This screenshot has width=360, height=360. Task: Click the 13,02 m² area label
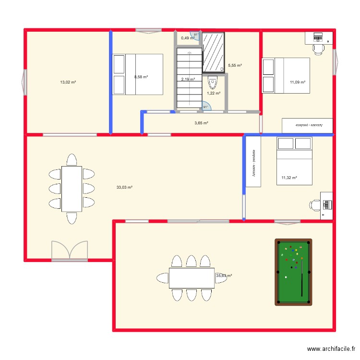point(68,82)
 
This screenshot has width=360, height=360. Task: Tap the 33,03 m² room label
point(124,187)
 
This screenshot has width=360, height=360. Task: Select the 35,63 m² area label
point(224,276)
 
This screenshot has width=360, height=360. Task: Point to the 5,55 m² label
point(235,65)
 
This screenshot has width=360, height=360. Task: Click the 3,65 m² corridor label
point(201,123)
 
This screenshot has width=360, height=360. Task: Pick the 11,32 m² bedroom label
point(289,178)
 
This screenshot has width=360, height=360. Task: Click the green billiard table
point(293,272)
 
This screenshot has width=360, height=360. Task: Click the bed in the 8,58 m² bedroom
point(138,74)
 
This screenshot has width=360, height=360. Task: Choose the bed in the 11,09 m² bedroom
point(286,75)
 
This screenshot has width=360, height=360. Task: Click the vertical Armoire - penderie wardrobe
point(253,161)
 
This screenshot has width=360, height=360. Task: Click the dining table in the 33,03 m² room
point(71,189)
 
